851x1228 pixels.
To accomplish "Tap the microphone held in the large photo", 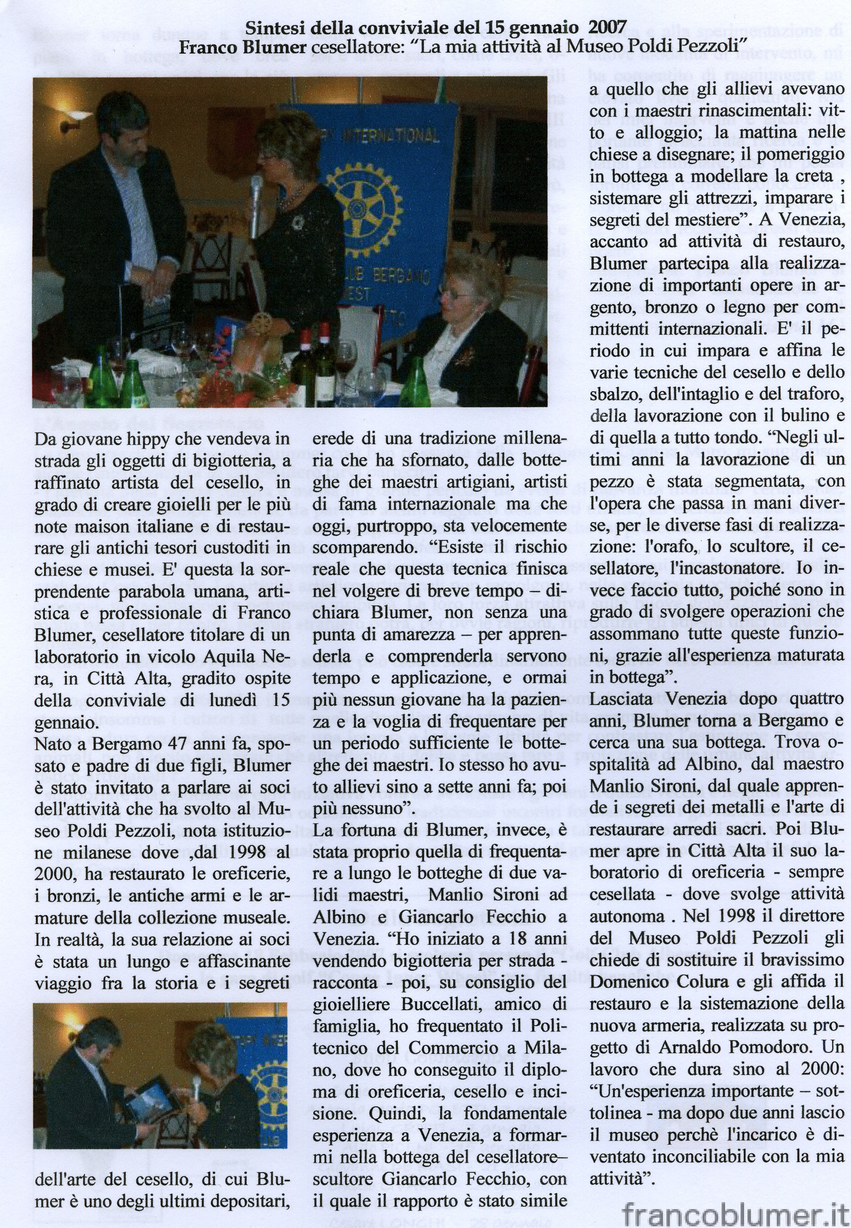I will (256, 200).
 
